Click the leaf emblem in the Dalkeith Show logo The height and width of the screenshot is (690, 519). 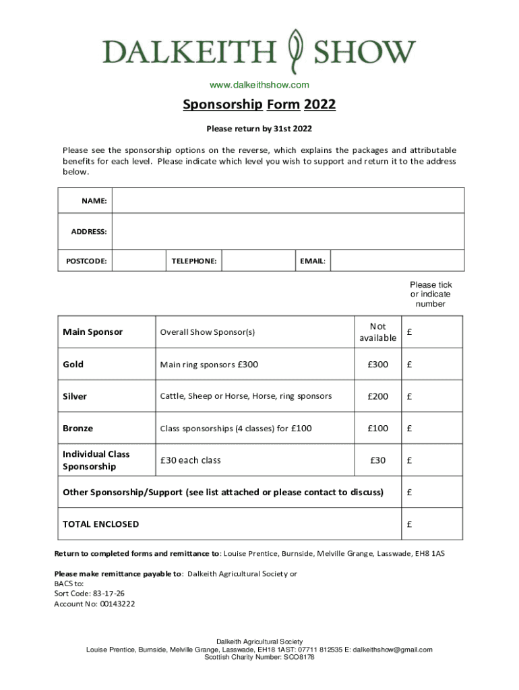click(295, 52)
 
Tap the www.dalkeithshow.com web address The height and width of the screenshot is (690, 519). click(259, 85)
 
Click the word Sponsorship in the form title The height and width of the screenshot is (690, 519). click(222, 105)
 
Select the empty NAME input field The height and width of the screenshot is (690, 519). click(288, 201)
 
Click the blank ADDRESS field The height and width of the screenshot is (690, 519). click(288, 231)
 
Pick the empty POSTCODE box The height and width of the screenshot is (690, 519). click(139, 260)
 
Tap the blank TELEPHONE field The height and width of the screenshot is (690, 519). click(259, 260)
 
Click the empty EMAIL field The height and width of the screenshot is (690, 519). click(397, 260)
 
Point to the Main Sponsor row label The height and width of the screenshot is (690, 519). click(93, 332)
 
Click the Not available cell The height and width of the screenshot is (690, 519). click(377, 332)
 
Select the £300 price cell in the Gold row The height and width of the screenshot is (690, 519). click(377, 365)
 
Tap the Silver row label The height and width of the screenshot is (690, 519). click(75, 396)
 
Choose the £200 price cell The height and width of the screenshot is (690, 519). click(377, 396)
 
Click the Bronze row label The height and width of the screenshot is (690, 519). click(78, 429)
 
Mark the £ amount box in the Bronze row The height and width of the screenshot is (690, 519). click(431, 429)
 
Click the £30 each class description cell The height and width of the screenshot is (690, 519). click(255, 460)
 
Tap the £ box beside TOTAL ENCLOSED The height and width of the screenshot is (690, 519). click(431, 524)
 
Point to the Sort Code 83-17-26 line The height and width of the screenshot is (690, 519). click(89, 594)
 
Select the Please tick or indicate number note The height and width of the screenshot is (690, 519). click(431, 294)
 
